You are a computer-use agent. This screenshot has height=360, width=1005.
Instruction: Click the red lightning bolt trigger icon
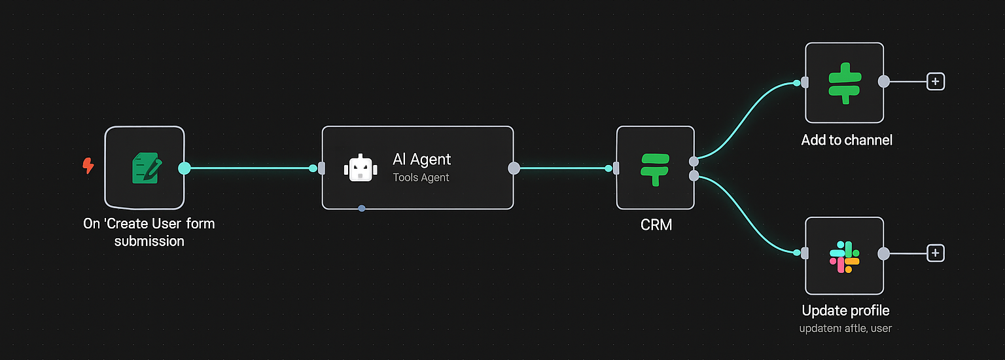tap(88, 166)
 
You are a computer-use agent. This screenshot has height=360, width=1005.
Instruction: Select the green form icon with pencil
tap(145, 167)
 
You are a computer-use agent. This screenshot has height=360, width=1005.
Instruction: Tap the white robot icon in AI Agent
tap(361, 168)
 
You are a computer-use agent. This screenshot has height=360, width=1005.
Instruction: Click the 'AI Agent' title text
tap(421, 159)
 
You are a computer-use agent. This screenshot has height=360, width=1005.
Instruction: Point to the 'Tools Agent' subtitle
tap(421, 177)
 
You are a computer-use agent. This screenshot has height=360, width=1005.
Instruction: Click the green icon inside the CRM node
tap(655, 168)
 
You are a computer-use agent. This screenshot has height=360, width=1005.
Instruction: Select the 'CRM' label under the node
tap(656, 225)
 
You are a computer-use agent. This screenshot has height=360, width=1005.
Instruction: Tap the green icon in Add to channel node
tap(844, 82)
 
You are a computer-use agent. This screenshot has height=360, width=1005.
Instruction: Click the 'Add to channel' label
tap(847, 139)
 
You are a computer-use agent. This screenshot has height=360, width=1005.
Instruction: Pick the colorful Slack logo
tap(844, 257)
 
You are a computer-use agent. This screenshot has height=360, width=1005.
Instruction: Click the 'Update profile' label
tap(845, 311)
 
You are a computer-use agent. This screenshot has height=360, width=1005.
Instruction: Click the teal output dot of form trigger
tap(185, 168)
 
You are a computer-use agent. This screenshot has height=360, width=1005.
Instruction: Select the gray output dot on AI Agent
tap(514, 168)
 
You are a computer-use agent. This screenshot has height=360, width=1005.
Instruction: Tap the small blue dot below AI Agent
tap(362, 208)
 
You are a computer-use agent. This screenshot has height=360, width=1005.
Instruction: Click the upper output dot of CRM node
tap(694, 161)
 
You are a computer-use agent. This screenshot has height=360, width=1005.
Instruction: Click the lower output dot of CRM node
tap(694, 175)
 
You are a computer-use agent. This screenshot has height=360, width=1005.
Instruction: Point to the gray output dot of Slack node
tap(883, 253)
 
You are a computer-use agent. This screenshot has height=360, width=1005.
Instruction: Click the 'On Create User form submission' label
tap(149, 232)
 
